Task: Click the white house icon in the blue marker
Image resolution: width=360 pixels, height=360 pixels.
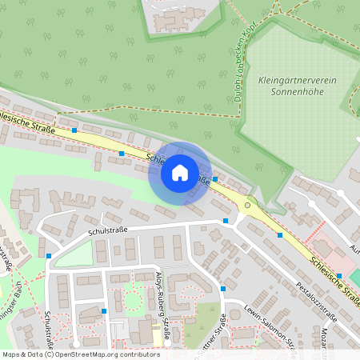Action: (179, 172)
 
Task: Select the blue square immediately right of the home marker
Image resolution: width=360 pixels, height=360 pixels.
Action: (215, 179)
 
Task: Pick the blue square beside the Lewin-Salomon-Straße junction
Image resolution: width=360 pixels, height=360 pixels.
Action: (223, 288)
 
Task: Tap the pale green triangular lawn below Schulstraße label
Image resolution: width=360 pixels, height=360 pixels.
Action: (72, 254)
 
